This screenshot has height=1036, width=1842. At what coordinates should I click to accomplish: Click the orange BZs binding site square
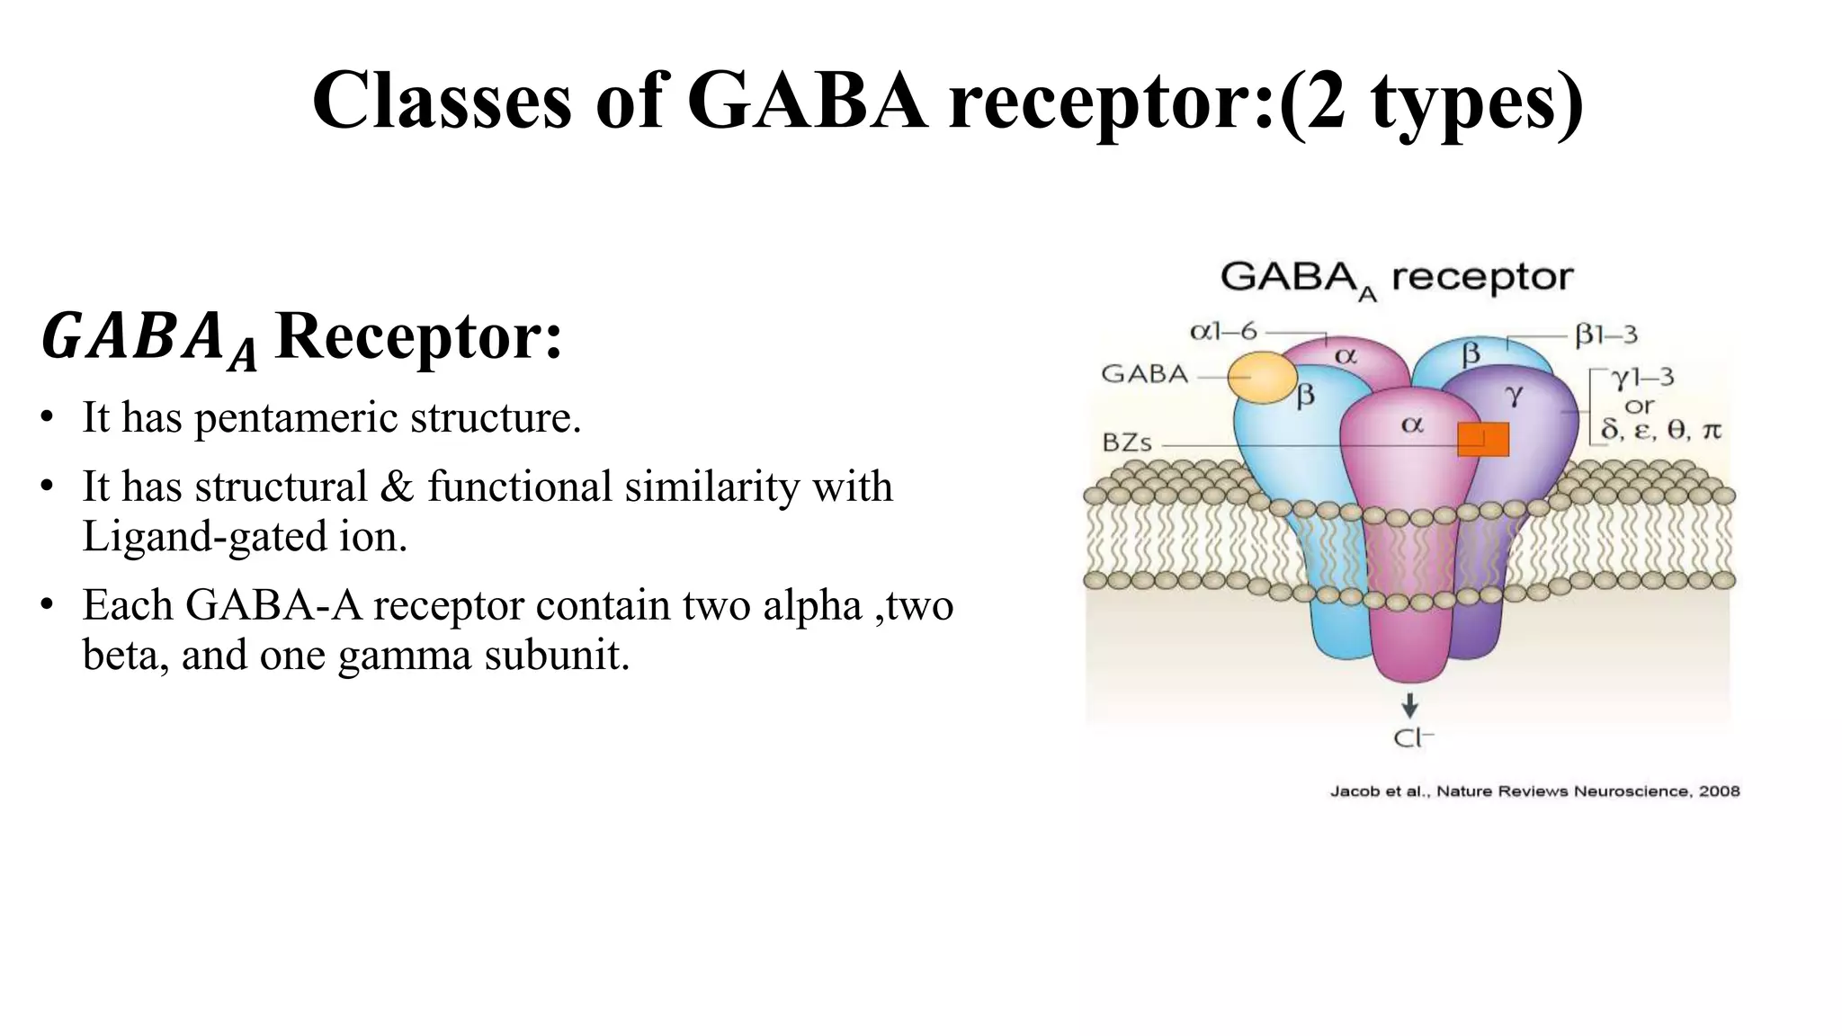point(1482,439)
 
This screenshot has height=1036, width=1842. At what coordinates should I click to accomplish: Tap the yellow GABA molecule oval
point(1263,378)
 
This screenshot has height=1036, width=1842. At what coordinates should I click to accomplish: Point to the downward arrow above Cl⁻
point(1409,705)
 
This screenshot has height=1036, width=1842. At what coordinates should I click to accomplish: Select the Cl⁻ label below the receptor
point(1412,738)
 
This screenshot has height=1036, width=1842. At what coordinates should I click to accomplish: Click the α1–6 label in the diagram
point(1223,332)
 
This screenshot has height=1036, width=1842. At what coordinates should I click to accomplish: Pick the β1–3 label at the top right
point(1605,335)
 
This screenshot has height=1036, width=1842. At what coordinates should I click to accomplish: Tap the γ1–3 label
point(1642,377)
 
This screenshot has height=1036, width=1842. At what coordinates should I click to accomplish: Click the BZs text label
point(1127,443)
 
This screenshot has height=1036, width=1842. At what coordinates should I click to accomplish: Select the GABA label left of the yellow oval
point(1144,374)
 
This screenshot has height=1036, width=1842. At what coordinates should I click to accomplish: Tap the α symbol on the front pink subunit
point(1412,424)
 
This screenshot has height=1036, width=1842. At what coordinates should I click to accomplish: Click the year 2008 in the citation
point(1719,791)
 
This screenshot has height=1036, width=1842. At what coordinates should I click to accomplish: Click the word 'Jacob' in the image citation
point(1354,791)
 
